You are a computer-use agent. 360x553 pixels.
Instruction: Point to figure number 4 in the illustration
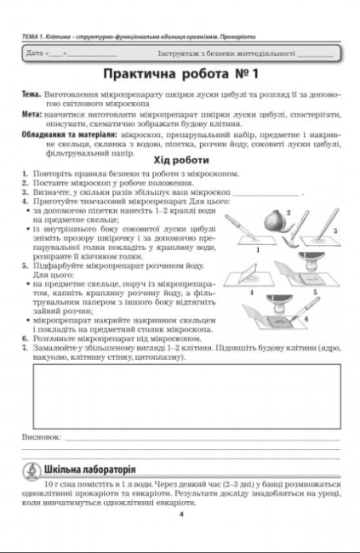click(251, 292)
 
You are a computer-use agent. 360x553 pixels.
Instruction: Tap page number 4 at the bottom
click(180, 512)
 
